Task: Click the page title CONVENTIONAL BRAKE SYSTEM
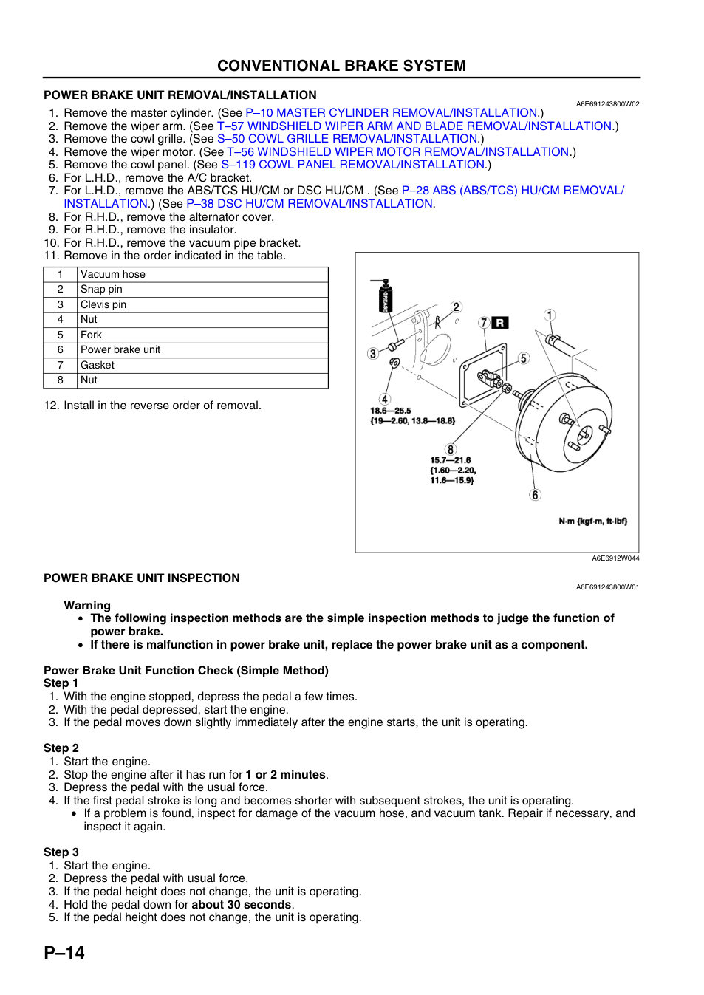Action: (x=341, y=66)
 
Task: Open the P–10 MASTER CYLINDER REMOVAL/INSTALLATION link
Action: (x=392, y=113)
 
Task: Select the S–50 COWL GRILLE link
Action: (x=347, y=139)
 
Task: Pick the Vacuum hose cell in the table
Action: (x=202, y=275)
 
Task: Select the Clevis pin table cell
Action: (x=202, y=305)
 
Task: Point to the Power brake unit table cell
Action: (x=202, y=350)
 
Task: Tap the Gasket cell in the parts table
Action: (x=202, y=365)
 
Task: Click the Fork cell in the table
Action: (x=202, y=335)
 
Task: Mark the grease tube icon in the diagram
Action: (x=384, y=295)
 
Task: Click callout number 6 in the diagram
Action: (x=535, y=494)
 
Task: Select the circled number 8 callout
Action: (x=451, y=450)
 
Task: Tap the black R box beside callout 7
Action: (x=499, y=323)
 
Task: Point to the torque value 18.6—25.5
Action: (x=391, y=411)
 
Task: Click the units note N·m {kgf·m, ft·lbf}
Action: (x=593, y=521)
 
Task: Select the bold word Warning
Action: (x=87, y=606)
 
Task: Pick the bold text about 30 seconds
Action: (x=241, y=905)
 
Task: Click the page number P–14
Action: (x=64, y=953)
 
